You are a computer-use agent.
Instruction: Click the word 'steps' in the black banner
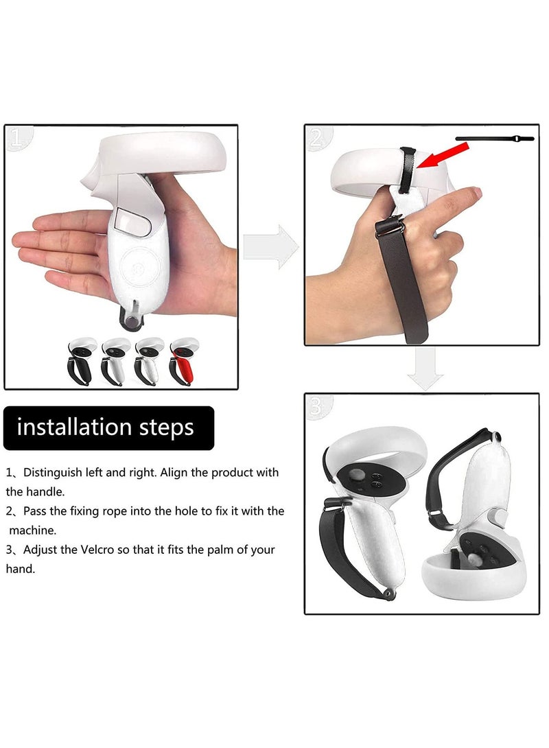[x=167, y=428]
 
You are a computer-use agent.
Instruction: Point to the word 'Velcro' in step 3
[x=145, y=550]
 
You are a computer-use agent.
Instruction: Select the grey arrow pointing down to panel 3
[x=425, y=369]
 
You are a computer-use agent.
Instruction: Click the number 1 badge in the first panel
[x=18, y=139]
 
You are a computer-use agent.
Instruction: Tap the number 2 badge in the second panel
[x=318, y=139]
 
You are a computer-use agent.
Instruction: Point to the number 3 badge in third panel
[x=318, y=406]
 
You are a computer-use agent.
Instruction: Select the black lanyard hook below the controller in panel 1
[x=132, y=317]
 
